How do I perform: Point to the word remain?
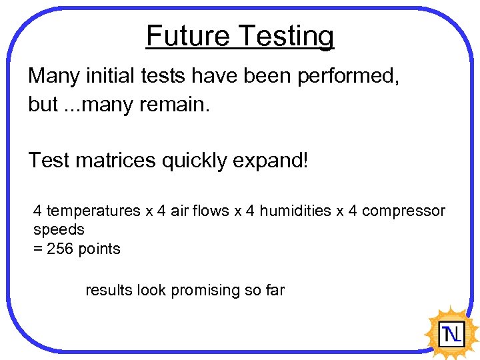(x=180, y=105)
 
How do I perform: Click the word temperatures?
(x=93, y=211)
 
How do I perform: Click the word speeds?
(x=59, y=230)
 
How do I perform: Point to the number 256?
(x=61, y=249)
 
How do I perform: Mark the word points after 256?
(x=99, y=249)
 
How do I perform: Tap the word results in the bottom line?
(x=109, y=290)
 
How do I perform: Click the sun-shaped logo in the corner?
(x=451, y=331)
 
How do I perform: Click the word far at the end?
(x=275, y=290)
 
